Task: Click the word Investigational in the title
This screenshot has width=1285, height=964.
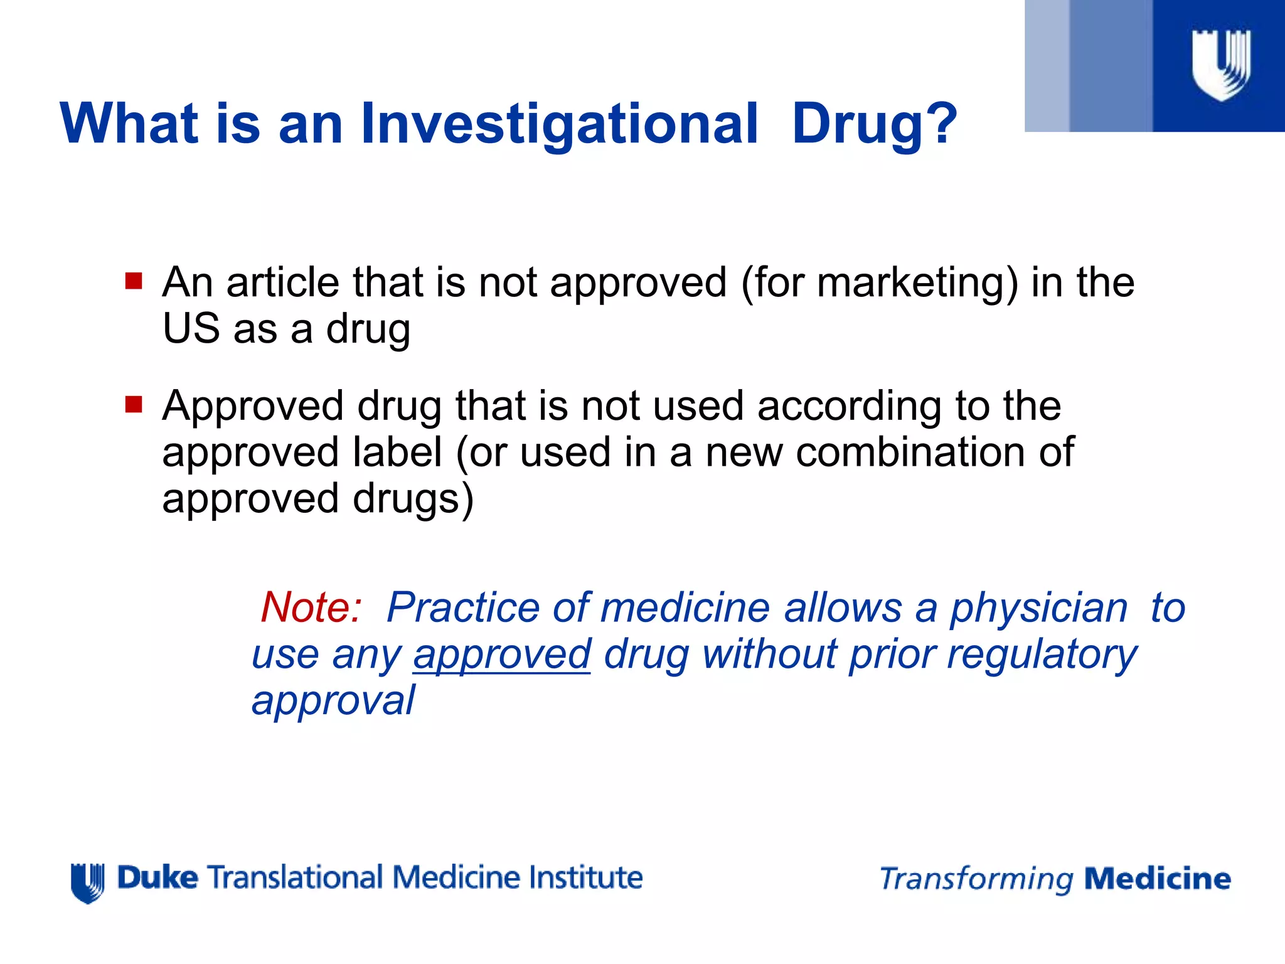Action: tap(559, 124)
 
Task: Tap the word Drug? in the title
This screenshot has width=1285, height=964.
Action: tap(874, 124)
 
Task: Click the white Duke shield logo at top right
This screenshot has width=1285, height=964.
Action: tap(1221, 65)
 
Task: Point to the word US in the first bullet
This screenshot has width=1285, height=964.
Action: tap(191, 328)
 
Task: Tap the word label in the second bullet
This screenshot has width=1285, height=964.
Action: tap(397, 453)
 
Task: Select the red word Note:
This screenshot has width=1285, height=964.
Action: tap(311, 608)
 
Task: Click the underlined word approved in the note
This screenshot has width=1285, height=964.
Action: tap(502, 655)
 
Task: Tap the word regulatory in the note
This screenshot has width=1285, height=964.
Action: tap(1042, 655)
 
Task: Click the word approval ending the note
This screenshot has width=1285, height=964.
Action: tap(333, 701)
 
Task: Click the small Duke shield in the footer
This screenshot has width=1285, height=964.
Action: tap(87, 882)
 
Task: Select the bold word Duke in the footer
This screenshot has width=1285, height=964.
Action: tap(157, 877)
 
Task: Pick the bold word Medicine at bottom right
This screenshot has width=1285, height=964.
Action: tap(1158, 879)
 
